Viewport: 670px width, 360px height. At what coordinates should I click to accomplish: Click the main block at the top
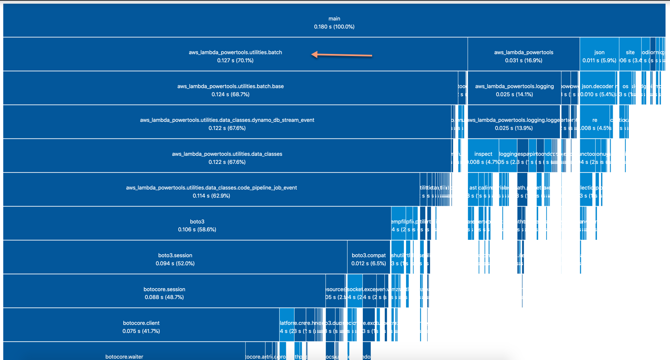[x=334, y=22]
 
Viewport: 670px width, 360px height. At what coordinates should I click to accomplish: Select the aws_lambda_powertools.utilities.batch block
[x=235, y=56]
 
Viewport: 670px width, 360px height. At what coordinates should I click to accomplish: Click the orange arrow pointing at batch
[x=342, y=55]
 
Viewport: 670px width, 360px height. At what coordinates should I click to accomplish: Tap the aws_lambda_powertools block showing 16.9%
[x=523, y=56]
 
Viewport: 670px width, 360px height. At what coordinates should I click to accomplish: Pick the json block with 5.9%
[x=599, y=56]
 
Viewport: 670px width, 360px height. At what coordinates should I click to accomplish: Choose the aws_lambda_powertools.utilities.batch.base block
[x=230, y=90]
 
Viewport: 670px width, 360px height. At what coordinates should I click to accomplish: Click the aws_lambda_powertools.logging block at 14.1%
[x=514, y=90]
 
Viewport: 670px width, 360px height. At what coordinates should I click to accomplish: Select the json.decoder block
[x=598, y=90]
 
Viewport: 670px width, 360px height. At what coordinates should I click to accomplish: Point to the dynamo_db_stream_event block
[x=227, y=124]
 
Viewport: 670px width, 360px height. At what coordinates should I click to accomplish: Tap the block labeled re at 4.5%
[x=595, y=124]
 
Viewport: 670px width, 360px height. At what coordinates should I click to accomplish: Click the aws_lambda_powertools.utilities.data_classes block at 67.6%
[x=227, y=157]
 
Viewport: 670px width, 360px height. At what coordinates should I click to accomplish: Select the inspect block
[x=483, y=157]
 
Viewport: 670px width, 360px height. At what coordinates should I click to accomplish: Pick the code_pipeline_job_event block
[x=211, y=191]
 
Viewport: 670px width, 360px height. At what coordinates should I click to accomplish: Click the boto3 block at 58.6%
[x=197, y=225]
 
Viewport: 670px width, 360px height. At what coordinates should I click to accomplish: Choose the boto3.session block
[x=175, y=259]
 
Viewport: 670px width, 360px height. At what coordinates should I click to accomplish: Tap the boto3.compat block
[x=368, y=259]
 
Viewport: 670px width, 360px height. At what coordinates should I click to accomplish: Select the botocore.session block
[x=164, y=293]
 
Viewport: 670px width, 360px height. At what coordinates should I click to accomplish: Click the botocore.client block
[x=141, y=326]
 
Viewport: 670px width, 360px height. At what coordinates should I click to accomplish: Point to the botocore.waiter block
[x=124, y=354]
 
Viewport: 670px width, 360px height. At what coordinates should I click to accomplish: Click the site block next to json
[x=630, y=56]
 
